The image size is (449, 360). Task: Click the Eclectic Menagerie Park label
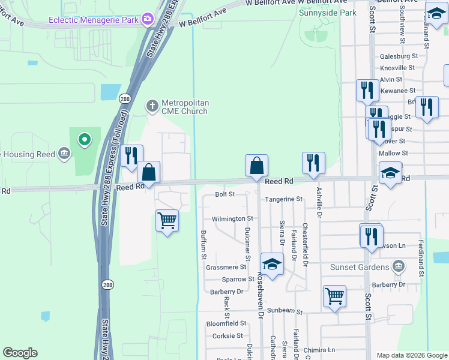click(95, 19)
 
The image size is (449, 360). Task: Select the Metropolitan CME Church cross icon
click(152, 106)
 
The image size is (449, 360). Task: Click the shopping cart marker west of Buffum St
click(167, 220)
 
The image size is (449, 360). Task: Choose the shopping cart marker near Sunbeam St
click(334, 295)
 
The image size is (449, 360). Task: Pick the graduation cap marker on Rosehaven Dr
click(272, 264)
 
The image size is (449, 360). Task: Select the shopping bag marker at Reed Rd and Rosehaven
click(256, 165)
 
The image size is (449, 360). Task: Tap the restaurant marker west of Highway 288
click(131, 155)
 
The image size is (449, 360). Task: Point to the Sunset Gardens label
click(359, 266)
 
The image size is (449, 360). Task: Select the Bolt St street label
click(224, 194)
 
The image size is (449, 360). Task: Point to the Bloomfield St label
click(226, 323)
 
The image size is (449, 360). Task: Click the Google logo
click(20, 353)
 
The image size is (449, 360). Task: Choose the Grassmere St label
click(228, 267)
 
